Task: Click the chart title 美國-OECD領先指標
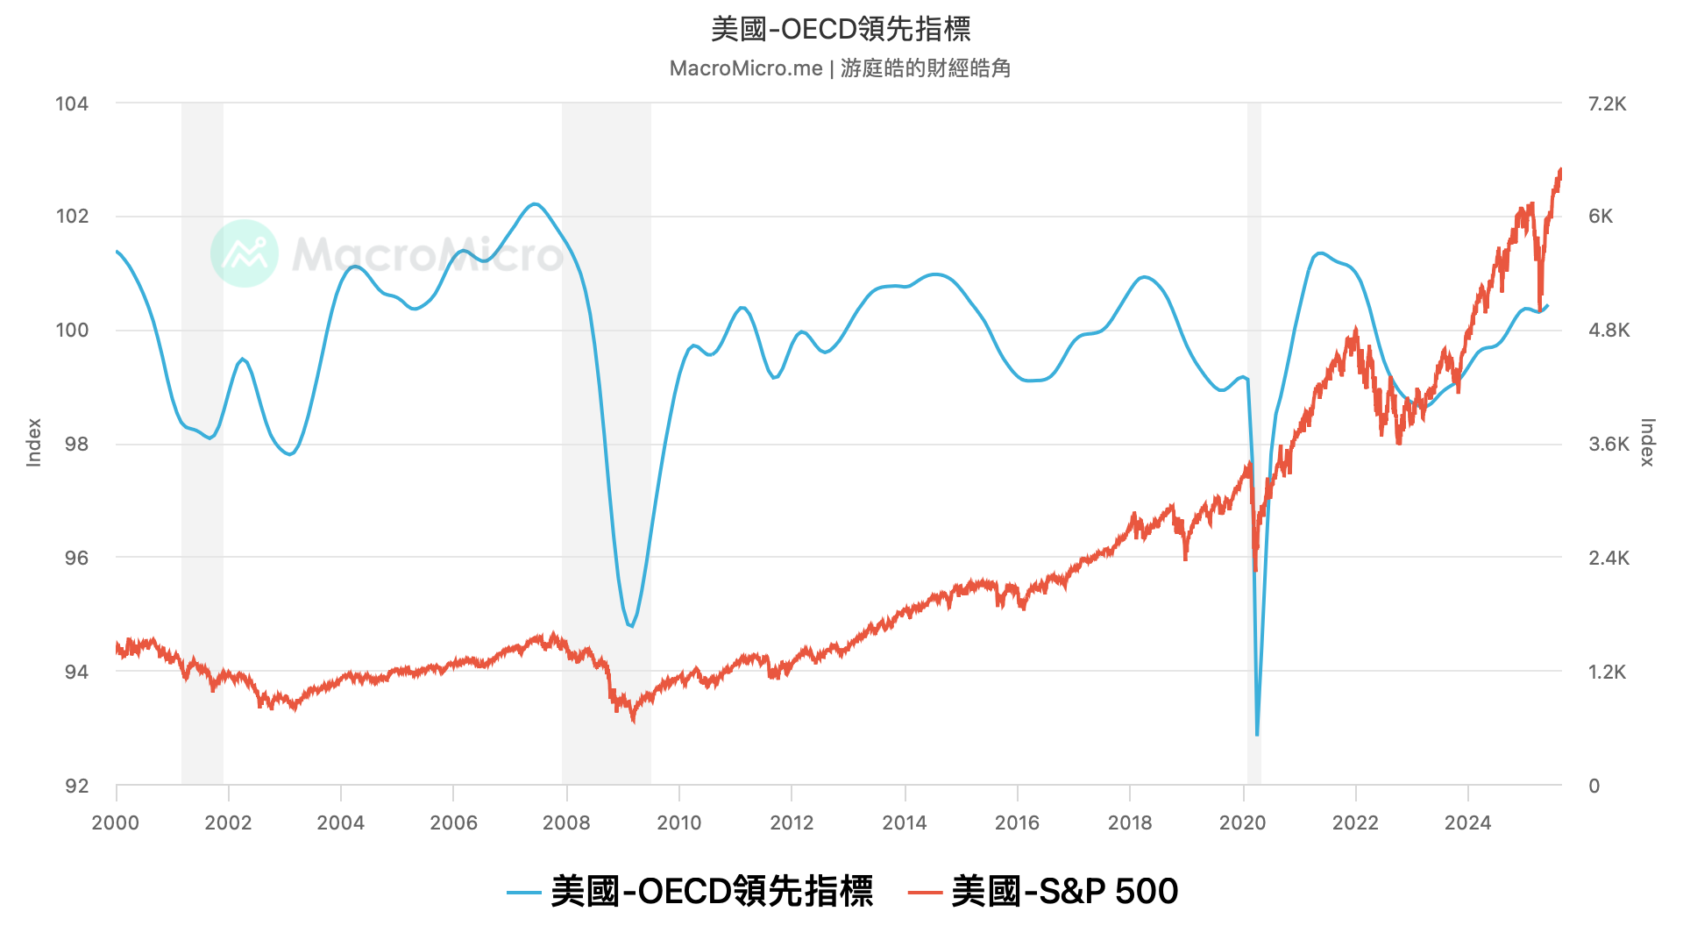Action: tap(841, 29)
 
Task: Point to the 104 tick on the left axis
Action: tap(72, 103)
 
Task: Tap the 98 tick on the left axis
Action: tap(75, 444)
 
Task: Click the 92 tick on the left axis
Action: tap(75, 786)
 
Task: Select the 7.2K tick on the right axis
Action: tap(1607, 103)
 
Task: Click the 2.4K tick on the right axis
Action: tap(1608, 558)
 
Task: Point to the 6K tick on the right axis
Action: tap(1601, 217)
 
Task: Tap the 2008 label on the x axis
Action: tap(566, 822)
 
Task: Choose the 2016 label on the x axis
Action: tap(1017, 822)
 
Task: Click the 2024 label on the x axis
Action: tap(1467, 822)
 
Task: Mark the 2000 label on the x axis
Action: tap(116, 822)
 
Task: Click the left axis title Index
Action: tap(34, 442)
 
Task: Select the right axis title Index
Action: tap(1647, 442)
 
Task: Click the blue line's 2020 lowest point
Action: tap(1257, 735)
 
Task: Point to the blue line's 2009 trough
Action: tap(630, 626)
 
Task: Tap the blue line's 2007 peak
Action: tap(535, 204)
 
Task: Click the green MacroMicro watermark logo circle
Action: tap(245, 253)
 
